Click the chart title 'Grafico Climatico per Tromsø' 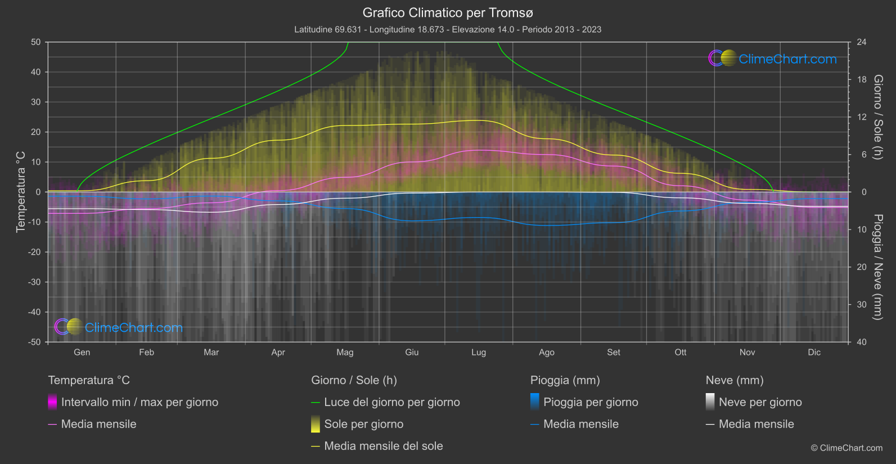[448, 12]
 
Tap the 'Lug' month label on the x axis [479, 352]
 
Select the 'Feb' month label [146, 352]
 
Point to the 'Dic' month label [814, 352]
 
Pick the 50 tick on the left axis [36, 42]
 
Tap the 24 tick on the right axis [861, 42]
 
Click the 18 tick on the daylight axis [861, 80]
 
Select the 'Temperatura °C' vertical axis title [21, 192]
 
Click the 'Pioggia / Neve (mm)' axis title [877, 267]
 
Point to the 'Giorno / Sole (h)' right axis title [877, 117]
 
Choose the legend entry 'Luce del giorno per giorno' [391, 402]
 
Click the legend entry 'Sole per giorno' [363, 424]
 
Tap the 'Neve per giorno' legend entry [760, 402]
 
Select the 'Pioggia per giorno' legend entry [591, 402]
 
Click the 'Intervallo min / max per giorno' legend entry [139, 402]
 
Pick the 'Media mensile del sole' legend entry [383, 446]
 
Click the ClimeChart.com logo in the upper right [773, 58]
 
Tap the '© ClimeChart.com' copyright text [847, 448]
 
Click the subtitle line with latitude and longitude [448, 29]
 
